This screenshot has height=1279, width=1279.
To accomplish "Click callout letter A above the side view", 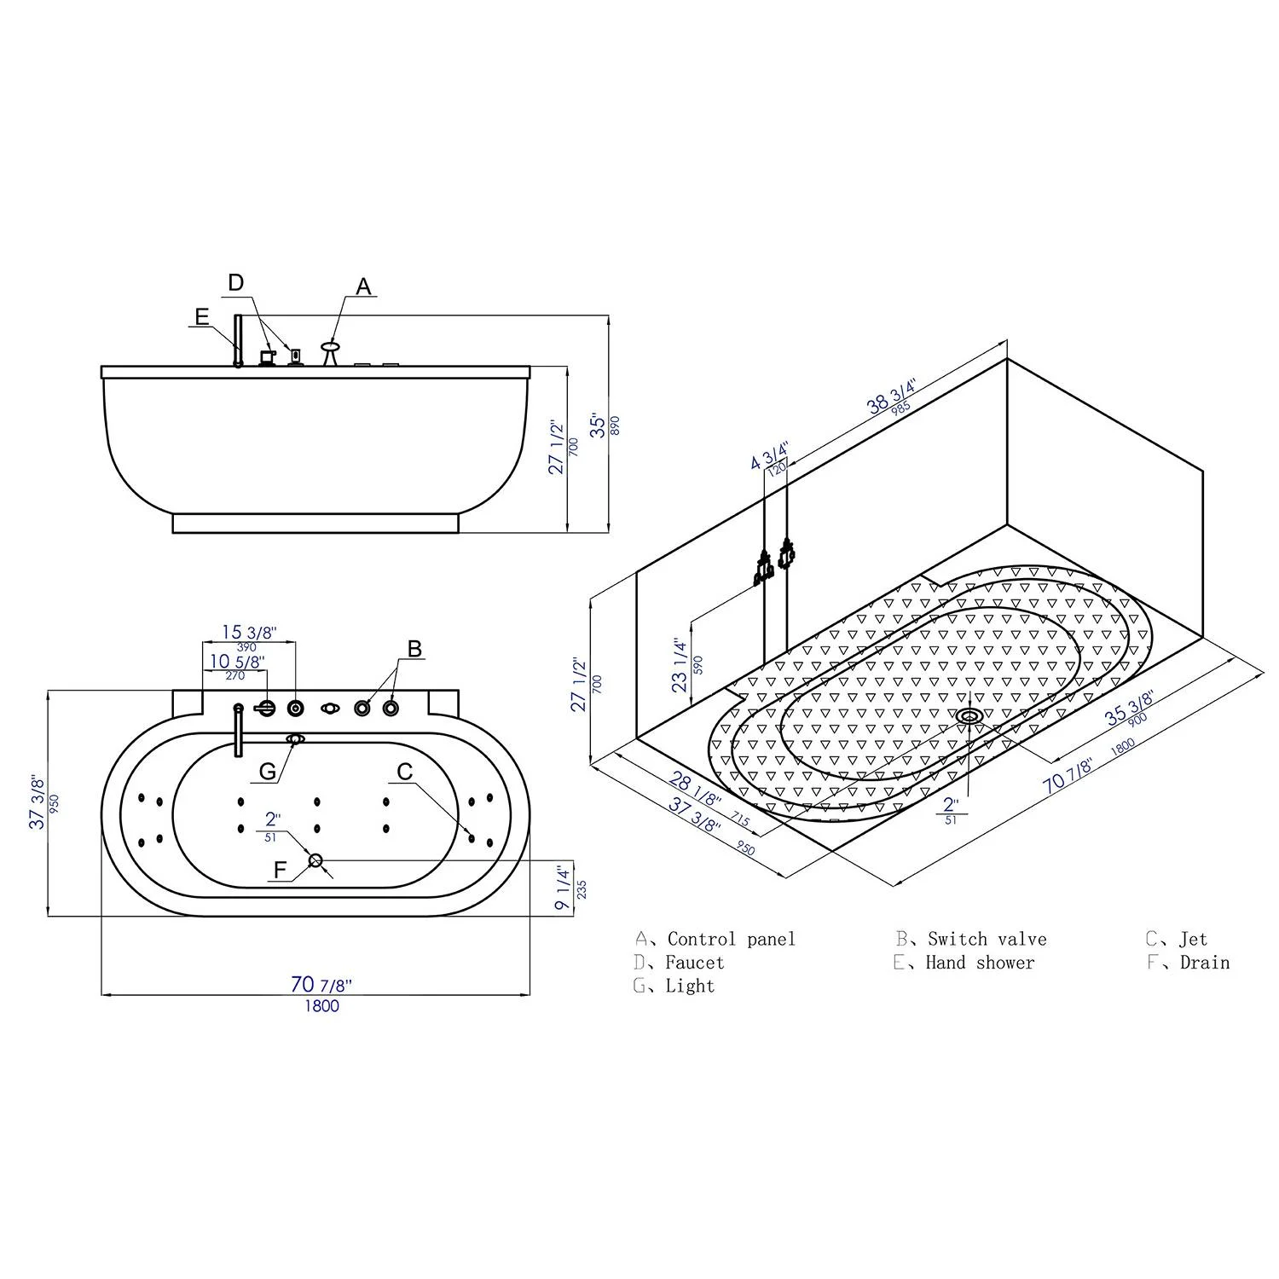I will tap(364, 286).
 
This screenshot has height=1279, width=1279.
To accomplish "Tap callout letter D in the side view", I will tap(236, 282).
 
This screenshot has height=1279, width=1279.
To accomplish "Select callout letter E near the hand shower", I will tap(201, 317).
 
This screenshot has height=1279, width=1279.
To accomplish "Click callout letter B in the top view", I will tap(414, 649).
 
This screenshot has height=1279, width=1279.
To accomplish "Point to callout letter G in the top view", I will tap(268, 771).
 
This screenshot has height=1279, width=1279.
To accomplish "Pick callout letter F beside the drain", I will tap(281, 871).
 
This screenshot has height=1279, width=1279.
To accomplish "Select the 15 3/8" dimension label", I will tap(249, 633).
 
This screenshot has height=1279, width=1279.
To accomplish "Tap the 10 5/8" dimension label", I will tap(237, 661).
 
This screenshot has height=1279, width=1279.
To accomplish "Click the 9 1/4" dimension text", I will tap(563, 888).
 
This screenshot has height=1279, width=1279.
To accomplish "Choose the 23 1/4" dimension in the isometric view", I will tap(680, 665).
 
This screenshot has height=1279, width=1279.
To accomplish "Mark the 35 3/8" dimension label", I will tap(1130, 709).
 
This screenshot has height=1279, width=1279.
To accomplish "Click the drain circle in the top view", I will tap(315, 860).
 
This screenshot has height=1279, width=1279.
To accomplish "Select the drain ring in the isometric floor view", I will tap(969, 715).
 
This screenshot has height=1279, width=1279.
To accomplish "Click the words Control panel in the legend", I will tap(731, 940).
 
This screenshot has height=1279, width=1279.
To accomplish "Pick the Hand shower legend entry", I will tap(980, 963).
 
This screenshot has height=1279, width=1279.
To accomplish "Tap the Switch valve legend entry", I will tap(987, 940).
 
